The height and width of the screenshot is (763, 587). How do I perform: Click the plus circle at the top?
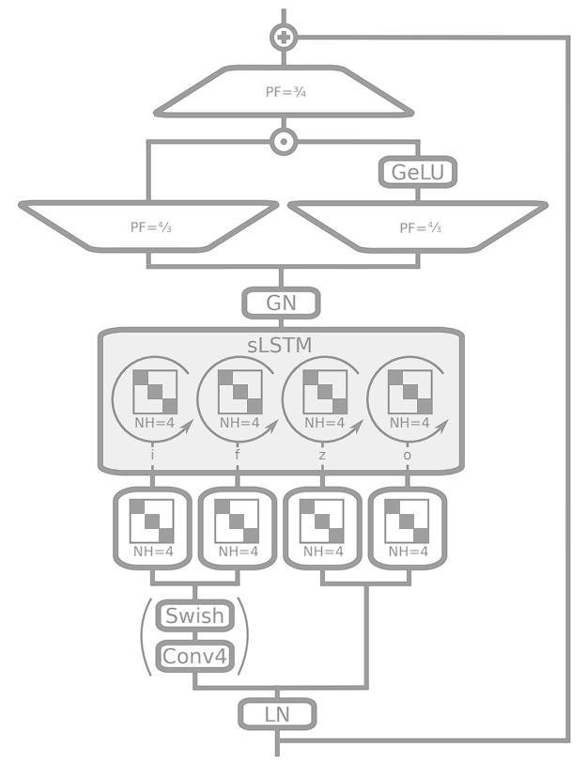pyautogui.click(x=283, y=38)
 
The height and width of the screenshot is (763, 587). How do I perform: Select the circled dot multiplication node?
pyautogui.click(x=283, y=142)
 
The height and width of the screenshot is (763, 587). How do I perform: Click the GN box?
pyautogui.click(x=282, y=304)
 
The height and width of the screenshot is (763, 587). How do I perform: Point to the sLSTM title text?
pyautogui.click(x=281, y=346)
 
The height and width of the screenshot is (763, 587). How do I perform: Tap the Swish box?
pyautogui.click(x=193, y=616)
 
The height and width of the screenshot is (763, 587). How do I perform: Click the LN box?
pyautogui.click(x=277, y=715)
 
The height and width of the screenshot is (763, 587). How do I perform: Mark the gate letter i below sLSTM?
pyautogui.click(x=151, y=454)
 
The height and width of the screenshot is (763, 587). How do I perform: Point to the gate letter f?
pyautogui.click(x=238, y=454)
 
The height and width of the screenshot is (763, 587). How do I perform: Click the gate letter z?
pyautogui.click(x=322, y=454)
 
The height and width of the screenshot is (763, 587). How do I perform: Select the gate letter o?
pyautogui.click(x=407, y=454)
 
